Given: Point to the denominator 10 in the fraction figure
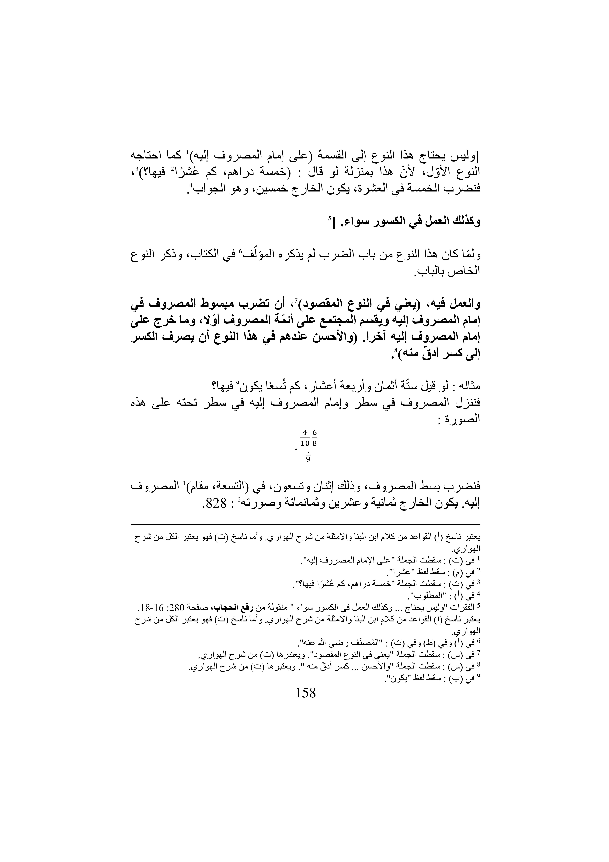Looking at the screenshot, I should pos(305,443).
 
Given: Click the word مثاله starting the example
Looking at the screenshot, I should pos(468,386).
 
